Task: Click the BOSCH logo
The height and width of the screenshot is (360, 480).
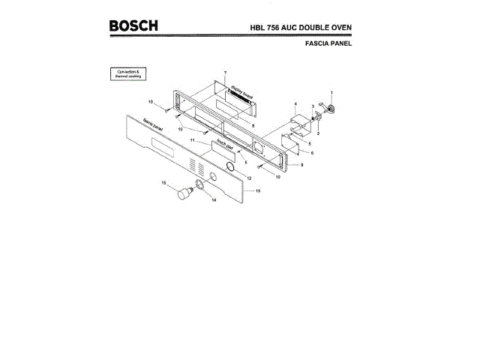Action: (x=133, y=25)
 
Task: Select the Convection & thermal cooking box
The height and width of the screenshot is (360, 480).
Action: (x=128, y=74)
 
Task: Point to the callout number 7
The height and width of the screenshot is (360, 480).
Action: (x=224, y=71)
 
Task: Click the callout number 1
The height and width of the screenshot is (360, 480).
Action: (x=331, y=91)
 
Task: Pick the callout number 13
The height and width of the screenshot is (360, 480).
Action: (x=258, y=192)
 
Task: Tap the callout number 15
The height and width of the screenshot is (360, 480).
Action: (x=164, y=182)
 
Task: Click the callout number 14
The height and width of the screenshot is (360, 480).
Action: (x=214, y=200)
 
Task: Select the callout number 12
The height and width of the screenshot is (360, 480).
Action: (x=249, y=177)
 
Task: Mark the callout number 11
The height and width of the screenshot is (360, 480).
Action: (x=192, y=141)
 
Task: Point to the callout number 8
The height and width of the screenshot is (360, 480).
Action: (x=253, y=125)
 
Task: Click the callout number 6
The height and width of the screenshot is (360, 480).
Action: (x=312, y=152)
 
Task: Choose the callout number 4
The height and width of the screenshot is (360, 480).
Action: (x=295, y=103)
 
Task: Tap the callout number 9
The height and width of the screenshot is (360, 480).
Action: (x=301, y=163)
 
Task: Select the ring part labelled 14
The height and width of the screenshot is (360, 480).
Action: (x=200, y=185)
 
